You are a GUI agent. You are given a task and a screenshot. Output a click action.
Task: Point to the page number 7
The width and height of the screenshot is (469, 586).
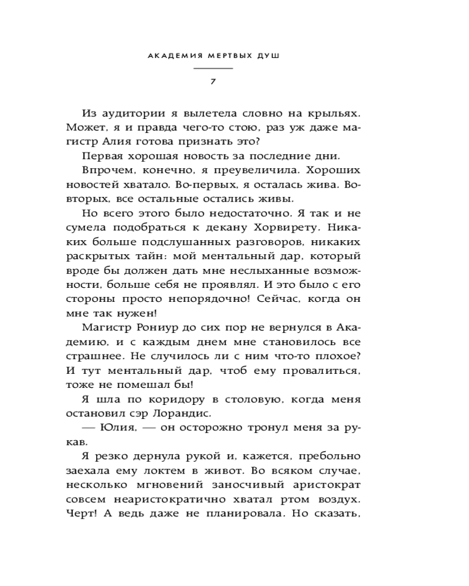tap(213, 80)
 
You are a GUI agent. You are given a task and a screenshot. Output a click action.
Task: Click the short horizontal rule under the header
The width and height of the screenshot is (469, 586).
tap(213, 69)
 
